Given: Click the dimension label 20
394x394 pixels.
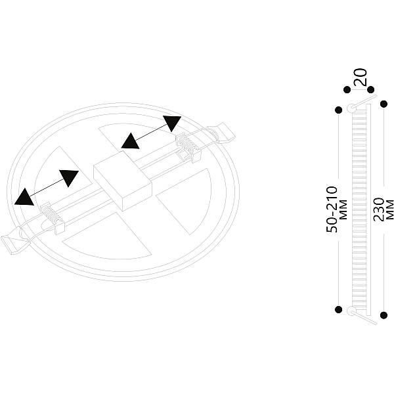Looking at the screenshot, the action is pyautogui.click(x=361, y=77).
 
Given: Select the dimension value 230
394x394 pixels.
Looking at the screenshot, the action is pyautogui.click(x=379, y=209).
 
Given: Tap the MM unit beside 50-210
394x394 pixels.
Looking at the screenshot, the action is pyautogui.click(x=343, y=209).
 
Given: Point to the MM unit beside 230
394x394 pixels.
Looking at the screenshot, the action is pyautogui.click(x=389, y=209).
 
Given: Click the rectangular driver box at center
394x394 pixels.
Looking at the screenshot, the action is pyautogui.click(x=123, y=181).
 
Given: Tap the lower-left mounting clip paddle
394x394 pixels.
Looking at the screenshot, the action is pyautogui.click(x=14, y=243).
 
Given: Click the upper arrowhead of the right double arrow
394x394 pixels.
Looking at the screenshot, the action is pyautogui.click(x=172, y=123).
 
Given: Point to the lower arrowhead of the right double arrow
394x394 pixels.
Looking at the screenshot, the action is pyautogui.click(x=130, y=141).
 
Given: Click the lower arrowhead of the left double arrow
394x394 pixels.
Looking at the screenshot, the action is pyautogui.click(x=24, y=197).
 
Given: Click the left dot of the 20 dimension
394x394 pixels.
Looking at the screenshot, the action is pyautogui.click(x=347, y=89).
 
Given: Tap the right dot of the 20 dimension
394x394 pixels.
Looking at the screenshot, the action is pyautogui.click(x=370, y=89).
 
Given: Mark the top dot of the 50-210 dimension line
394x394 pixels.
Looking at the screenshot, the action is pyautogui.click(x=339, y=110).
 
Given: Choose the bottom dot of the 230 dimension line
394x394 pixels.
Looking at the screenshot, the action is pyautogui.click(x=383, y=315).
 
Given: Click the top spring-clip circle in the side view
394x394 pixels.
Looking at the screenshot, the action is pyautogui.click(x=351, y=108).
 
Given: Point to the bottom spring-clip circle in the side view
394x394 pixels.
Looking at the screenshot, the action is pyautogui.click(x=351, y=311).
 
